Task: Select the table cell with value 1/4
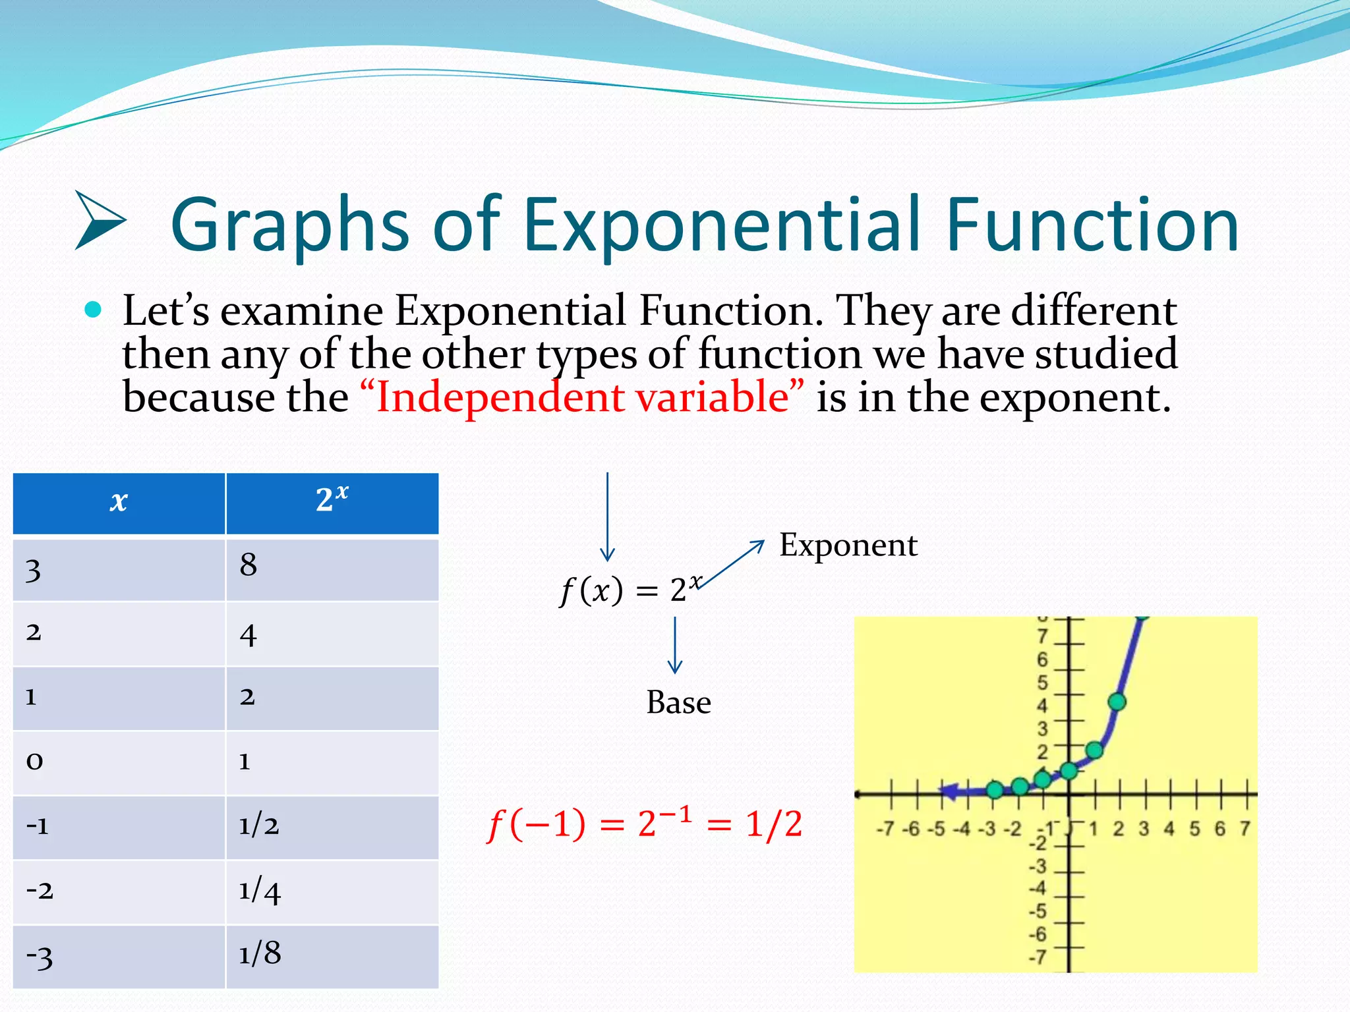pyautogui.click(x=332, y=891)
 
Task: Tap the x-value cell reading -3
pyautogui.click(x=119, y=957)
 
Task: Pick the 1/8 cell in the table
pyautogui.click(x=332, y=955)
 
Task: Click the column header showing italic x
pyautogui.click(x=119, y=503)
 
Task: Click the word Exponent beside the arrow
pyautogui.click(x=848, y=546)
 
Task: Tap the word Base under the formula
pyautogui.click(x=678, y=702)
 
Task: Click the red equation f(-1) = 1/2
pyautogui.click(x=645, y=824)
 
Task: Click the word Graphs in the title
pyautogui.click(x=290, y=225)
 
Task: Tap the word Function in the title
pyautogui.click(x=1092, y=225)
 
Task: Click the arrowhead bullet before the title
pyautogui.click(x=99, y=221)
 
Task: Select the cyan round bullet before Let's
pyautogui.click(x=94, y=310)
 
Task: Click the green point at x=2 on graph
pyautogui.click(x=1117, y=702)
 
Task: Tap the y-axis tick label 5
pyautogui.click(x=1042, y=683)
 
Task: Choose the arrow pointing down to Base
pyautogui.click(x=674, y=646)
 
